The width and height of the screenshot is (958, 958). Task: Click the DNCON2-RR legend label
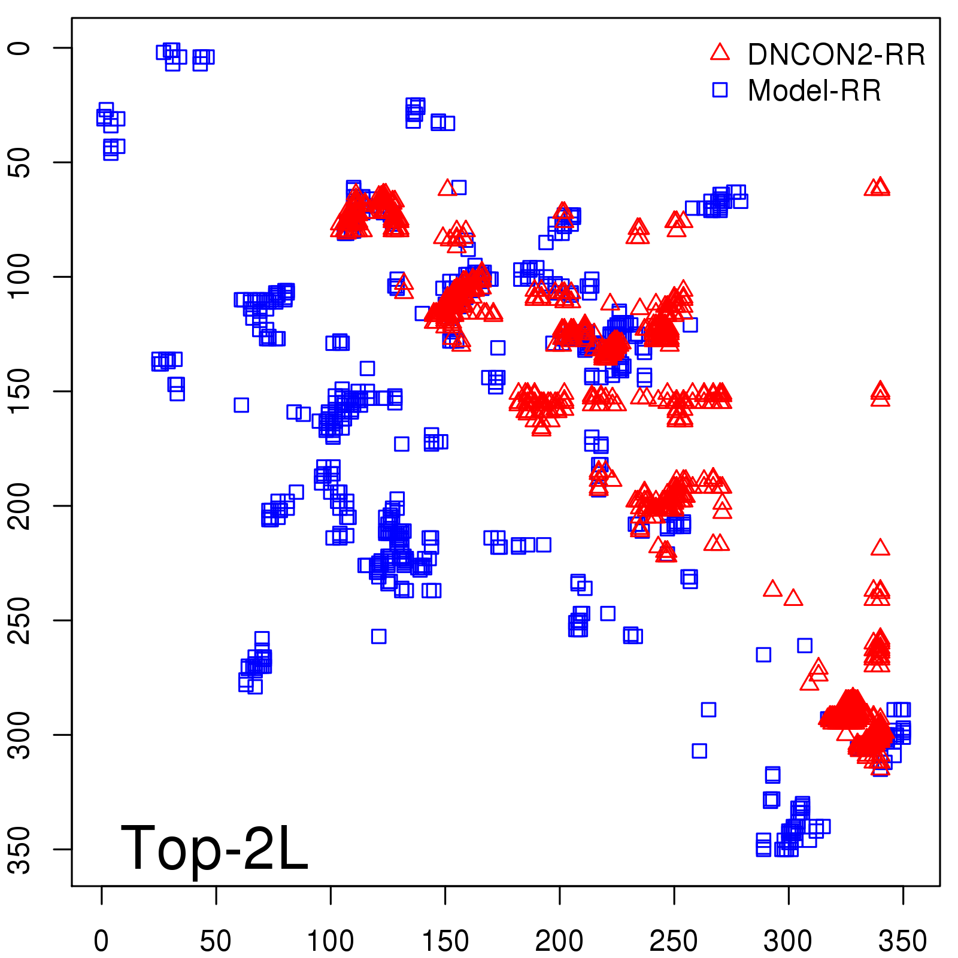pyautogui.click(x=836, y=55)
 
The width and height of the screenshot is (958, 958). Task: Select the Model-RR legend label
pyautogui.click(x=814, y=91)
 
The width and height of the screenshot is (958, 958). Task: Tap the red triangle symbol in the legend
pyautogui.click(x=720, y=53)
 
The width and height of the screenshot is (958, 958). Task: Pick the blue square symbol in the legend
pyautogui.click(x=720, y=90)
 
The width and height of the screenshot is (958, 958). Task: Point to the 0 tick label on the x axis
pyautogui.click(x=101, y=941)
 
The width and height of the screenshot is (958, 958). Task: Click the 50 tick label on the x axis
pyautogui.click(x=216, y=941)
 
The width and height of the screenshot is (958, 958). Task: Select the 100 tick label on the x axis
pyautogui.click(x=331, y=941)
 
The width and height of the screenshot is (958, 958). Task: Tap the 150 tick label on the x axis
pyautogui.click(x=445, y=941)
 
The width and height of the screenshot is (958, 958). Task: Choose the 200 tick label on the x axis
pyautogui.click(x=559, y=941)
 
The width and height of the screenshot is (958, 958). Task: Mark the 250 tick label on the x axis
pyautogui.click(x=674, y=941)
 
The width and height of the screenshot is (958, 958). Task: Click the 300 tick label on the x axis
pyautogui.click(x=788, y=941)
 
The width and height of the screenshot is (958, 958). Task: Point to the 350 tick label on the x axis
pyautogui.click(x=903, y=941)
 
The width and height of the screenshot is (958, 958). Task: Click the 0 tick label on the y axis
pyautogui.click(x=20, y=48)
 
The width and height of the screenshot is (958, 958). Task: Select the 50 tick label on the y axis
pyautogui.click(x=20, y=162)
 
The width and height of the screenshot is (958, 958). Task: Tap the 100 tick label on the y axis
pyautogui.click(x=20, y=277)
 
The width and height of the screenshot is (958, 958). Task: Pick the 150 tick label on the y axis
pyautogui.click(x=20, y=391)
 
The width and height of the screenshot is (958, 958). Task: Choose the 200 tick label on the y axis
pyautogui.click(x=20, y=506)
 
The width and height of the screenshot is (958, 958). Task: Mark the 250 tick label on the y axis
pyautogui.click(x=20, y=620)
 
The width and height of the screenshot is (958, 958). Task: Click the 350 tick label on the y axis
pyautogui.click(x=20, y=849)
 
